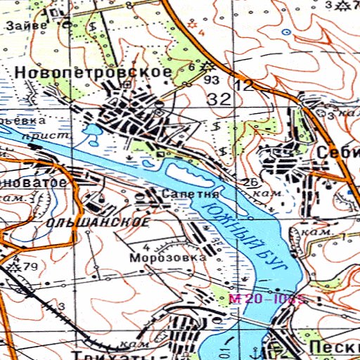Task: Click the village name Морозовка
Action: click(x=167, y=258)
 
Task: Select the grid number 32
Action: click(x=219, y=98)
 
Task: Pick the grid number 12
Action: click(x=244, y=86)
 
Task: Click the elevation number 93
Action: click(x=210, y=80)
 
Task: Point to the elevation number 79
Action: click(x=30, y=266)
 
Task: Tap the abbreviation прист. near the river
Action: click(x=37, y=134)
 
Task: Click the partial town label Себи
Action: click(x=337, y=153)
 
